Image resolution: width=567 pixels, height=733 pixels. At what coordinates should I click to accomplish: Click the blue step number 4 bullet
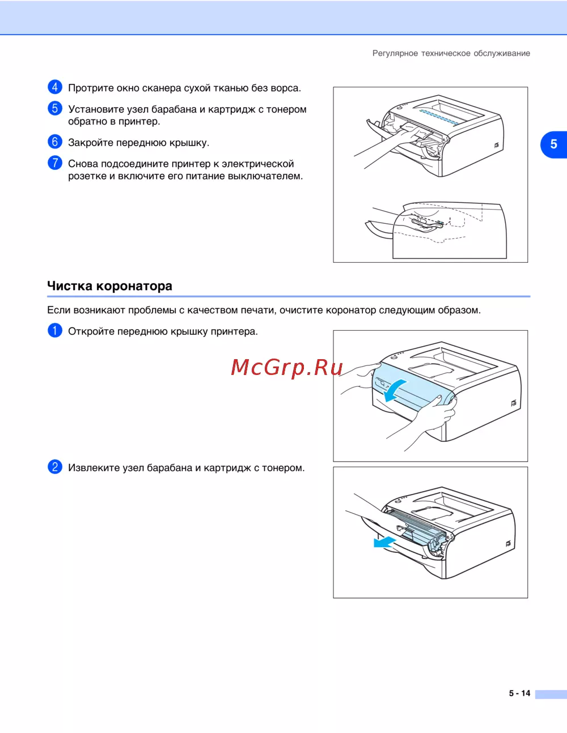pos(54,87)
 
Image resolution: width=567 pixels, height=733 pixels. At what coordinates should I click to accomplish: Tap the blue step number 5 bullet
pos(54,108)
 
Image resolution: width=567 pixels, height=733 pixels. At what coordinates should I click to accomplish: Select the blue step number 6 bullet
pos(54,142)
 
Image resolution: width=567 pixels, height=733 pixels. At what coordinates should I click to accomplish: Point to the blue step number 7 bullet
pos(54,163)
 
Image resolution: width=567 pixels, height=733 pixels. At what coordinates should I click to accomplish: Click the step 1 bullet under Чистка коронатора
pos(54,330)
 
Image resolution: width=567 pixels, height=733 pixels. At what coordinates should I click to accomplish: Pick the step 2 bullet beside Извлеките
pos(54,467)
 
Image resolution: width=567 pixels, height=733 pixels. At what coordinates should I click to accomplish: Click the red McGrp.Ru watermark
pos(287,368)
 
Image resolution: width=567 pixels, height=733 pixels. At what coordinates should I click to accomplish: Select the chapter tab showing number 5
pos(553,144)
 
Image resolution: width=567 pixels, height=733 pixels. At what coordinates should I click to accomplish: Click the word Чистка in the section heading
pos(70,286)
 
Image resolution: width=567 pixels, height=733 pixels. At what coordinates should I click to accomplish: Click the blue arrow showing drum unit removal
pos(384,543)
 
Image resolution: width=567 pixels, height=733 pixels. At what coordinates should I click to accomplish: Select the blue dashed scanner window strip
pos(439,116)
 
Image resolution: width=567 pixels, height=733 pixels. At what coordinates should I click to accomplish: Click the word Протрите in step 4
pos(91,88)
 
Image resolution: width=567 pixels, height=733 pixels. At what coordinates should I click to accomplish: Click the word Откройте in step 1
pos(91,331)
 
